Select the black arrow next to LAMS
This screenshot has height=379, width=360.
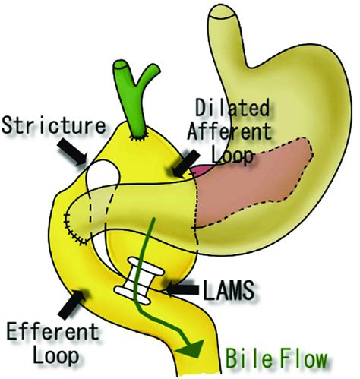tap(183, 289)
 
